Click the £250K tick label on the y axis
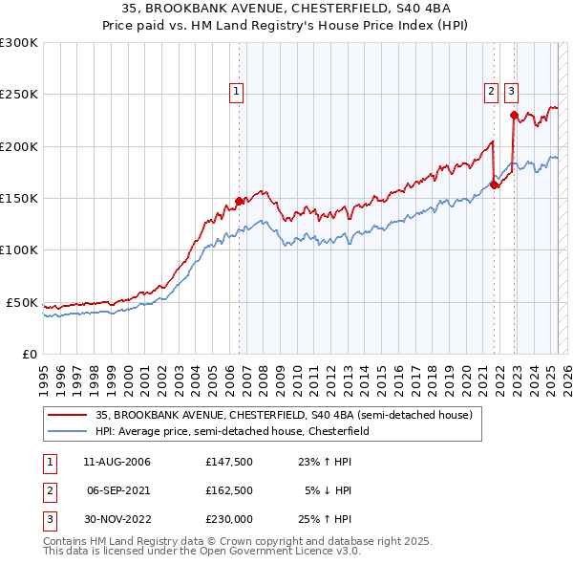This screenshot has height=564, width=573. (19, 95)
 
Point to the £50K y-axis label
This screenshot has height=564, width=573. (23, 302)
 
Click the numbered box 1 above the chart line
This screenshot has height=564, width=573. (236, 92)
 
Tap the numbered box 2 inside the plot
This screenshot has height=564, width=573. (491, 92)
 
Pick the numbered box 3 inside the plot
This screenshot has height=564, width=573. (511, 92)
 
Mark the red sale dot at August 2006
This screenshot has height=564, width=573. (239, 202)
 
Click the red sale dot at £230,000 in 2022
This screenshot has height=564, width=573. (514, 116)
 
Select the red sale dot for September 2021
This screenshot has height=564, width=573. (494, 185)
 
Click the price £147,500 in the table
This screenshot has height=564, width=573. (228, 462)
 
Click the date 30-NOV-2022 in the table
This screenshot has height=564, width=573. (117, 519)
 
